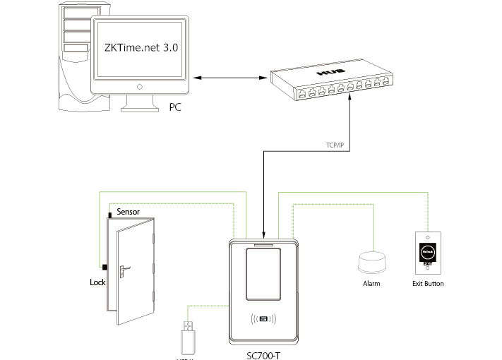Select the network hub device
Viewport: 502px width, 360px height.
coord(330,83)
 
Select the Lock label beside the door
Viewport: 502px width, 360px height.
coord(97,282)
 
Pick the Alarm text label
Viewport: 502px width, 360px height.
coord(371,284)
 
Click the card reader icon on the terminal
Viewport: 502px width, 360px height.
coord(265,320)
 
